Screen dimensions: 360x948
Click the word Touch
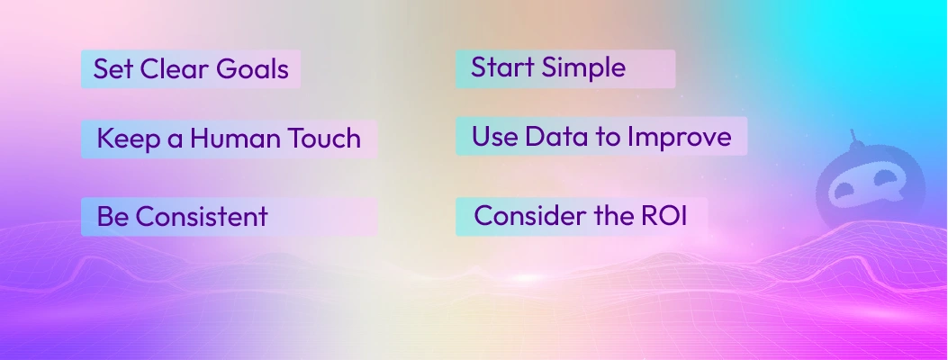pos(322,139)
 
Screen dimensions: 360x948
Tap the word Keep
pos(125,139)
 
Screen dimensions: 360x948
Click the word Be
pos(110,217)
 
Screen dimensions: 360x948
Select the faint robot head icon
pos(851,184)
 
